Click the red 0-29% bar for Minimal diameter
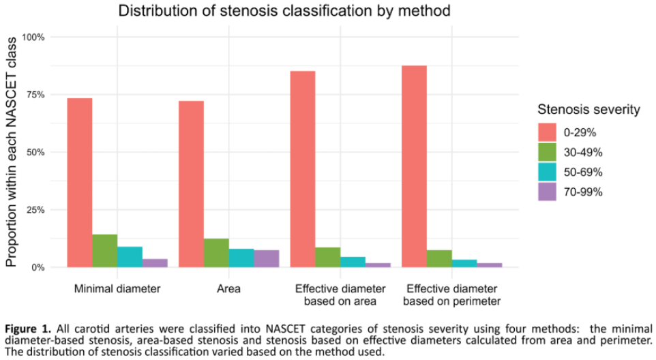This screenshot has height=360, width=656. pyautogui.click(x=80, y=183)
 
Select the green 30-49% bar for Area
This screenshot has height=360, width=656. pyautogui.click(x=216, y=253)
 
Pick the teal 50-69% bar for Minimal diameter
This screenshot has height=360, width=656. pyautogui.click(x=130, y=257)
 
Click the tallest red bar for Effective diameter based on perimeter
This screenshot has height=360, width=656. pyautogui.click(x=414, y=166)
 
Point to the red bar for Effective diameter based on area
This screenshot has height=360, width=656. pyautogui.click(x=303, y=169)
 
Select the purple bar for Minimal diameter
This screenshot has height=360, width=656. pyautogui.click(x=155, y=263)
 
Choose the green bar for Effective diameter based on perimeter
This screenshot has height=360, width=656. pyautogui.click(x=439, y=259)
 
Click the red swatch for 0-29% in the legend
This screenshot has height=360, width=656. pyautogui.click(x=547, y=132)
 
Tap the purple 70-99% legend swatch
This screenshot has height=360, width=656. pyautogui.click(x=547, y=192)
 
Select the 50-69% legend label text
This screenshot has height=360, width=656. pyautogui.click(x=583, y=172)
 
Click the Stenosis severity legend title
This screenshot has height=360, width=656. pyautogui.click(x=588, y=110)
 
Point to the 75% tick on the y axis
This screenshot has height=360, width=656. pyautogui.click(x=35, y=95)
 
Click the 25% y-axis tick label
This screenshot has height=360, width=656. pyautogui.click(x=35, y=210)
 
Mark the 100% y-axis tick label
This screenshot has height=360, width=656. pyautogui.click(x=33, y=37)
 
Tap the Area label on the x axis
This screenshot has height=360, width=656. pyautogui.click(x=229, y=289)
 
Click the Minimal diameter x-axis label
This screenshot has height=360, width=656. pyautogui.click(x=117, y=289)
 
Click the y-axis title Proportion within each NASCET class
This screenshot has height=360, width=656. pyautogui.click(x=11, y=152)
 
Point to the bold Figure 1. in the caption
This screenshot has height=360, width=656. pyautogui.click(x=28, y=329)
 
